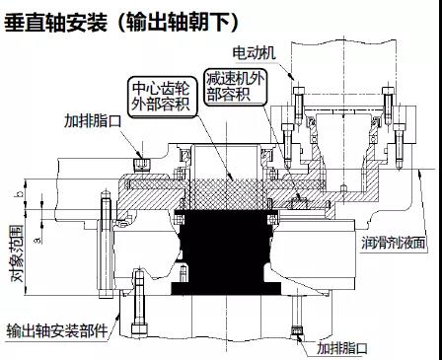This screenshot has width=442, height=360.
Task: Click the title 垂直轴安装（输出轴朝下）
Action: click(x=120, y=22)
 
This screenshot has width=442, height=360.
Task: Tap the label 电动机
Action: click(x=255, y=53)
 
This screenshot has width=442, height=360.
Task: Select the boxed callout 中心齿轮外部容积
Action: click(x=161, y=97)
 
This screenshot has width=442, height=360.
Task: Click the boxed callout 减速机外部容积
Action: click(x=235, y=86)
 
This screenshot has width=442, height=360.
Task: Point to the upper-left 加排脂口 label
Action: click(x=93, y=121)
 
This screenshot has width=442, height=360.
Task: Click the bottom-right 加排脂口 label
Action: click(x=342, y=348)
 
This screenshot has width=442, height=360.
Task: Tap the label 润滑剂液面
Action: click(x=394, y=243)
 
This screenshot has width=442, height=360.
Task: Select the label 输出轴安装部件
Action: click(x=57, y=330)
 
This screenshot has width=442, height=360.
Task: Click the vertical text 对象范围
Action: click(x=18, y=253)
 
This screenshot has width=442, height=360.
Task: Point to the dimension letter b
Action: click(x=21, y=193)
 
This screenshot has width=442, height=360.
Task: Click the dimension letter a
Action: click(x=38, y=241)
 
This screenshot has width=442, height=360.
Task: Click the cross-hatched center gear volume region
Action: click(x=228, y=194)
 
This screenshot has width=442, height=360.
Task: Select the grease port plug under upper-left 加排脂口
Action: click(x=141, y=165)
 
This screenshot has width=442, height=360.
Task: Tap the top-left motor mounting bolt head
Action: click(x=299, y=91)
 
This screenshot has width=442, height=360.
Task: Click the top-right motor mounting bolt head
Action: click(x=388, y=91)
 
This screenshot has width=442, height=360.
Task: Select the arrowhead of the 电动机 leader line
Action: click(x=292, y=77)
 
